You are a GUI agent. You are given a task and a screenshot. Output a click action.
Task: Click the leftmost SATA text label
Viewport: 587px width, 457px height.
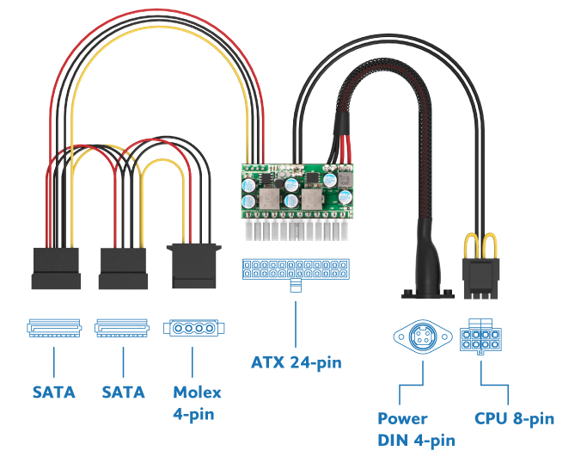pyautogui.click(x=54, y=392)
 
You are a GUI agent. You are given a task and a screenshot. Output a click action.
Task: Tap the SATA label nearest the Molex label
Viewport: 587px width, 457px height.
pyautogui.click(x=123, y=392)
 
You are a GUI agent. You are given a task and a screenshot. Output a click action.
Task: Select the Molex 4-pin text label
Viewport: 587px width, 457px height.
pyautogui.click(x=197, y=403)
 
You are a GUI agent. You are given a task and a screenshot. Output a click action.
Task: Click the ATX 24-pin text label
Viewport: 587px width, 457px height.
pyautogui.click(x=297, y=362)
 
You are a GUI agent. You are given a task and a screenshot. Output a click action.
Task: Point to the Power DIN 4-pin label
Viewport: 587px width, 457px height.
pyautogui.click(x=417, y=429)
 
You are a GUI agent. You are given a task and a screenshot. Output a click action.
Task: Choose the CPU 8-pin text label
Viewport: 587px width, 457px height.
pyautogui.click(x=514, y=419)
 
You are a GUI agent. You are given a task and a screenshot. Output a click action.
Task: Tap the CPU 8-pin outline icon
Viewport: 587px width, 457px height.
pyautogui.click(x=481, y=338)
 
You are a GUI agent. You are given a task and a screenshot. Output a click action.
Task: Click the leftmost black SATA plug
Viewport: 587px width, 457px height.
pyautogui.click(x=56, y=268)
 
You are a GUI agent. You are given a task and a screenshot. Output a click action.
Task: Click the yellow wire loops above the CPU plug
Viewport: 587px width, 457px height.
pyautogui.click(x=480, y=245)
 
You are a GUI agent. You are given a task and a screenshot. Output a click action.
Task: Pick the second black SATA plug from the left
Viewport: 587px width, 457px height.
pyautogui.click(x=124, y=268)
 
